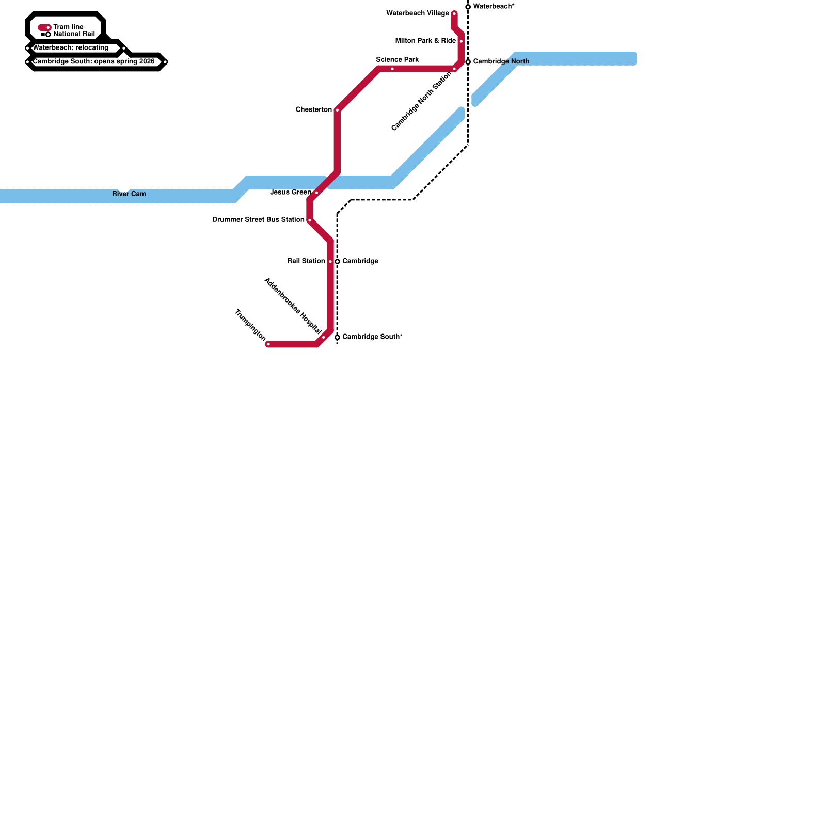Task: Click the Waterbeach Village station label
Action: pyautogui.click(x=418, y=13)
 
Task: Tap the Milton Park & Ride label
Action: pyautogui.click(x=425, y=41)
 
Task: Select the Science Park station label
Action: pyautogui.click(x=398, y=60)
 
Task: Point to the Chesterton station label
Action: pyautogui.click(x=314, y=110)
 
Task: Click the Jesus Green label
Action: pyautogui.click(x=291, y=193)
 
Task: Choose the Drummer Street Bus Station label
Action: pyautogui.click(x=259, y=220)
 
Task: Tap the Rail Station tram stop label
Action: pyautogui.click(x=306, y=261)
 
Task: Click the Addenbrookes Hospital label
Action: pyautogui.click(x=293, y=306)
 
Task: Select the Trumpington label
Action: pyautogui.click(x=250, y=325)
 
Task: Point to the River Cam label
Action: pyautogui.click(x=129, y=194)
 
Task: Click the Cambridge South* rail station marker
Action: pyautogui.click(x=337, y=337)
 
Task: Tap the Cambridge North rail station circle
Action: pyautogui.click(x=468, y=62)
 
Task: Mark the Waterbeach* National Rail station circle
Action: pyautogui.click(x=468, y=7)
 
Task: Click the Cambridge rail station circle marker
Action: pyautogui.click(x=337, y=262)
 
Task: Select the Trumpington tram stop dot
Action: pyautogui.click(x=268, y=344)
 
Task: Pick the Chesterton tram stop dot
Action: pyautogui.click(x=337, y=110)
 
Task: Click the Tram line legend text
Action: pyautogui.click(x=68, y=27)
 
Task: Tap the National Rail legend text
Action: pyautogui.click(x=74, y=34)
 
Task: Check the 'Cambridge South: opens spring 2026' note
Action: pyautogui.click(x=94, y=62)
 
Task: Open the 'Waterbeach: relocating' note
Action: pyautogui.click(x=71, y=48)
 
